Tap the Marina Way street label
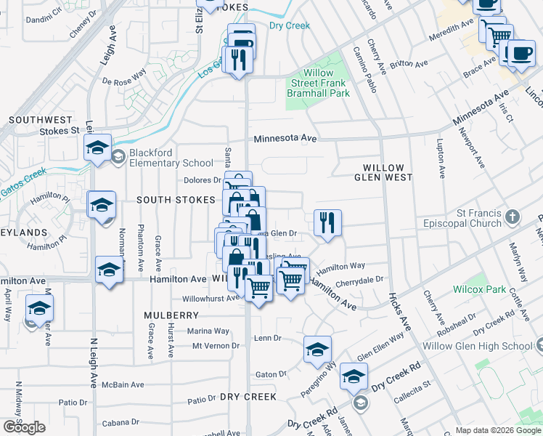click(x=208, y=331)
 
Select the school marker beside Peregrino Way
click(x=317, y=350)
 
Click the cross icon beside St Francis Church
click(x=513, y=216)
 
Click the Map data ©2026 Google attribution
click(x=497, y=430)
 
